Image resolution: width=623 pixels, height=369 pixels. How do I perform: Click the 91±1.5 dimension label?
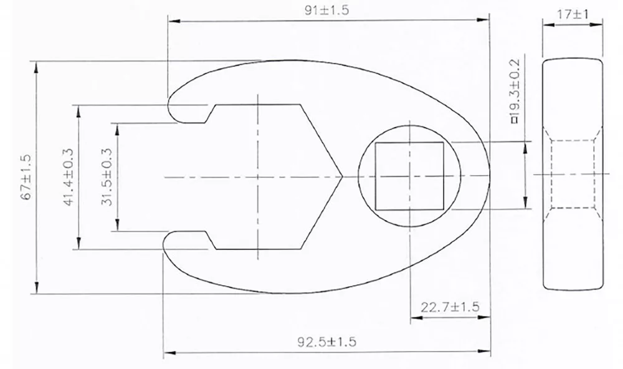(x=326, y=10)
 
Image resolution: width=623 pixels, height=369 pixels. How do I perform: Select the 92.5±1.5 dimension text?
(x=326, y=342)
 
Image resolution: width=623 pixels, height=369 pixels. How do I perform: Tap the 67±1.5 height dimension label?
(x=27, y=177)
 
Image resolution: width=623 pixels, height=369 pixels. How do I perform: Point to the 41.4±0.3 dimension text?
(x=69, y=177)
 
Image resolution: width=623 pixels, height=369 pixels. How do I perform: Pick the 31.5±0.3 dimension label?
(x=107, y=177)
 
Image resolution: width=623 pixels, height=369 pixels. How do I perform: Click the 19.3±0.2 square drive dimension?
(x=515, y=91)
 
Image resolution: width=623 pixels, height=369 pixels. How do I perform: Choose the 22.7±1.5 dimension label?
(x=450, y=307)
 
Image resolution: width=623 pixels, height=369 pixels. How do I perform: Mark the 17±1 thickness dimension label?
(x=573, y=14)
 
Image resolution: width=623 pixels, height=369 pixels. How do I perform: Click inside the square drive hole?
(x=409, y=176)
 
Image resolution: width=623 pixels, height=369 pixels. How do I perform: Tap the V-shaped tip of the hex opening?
(x=341, y=176)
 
